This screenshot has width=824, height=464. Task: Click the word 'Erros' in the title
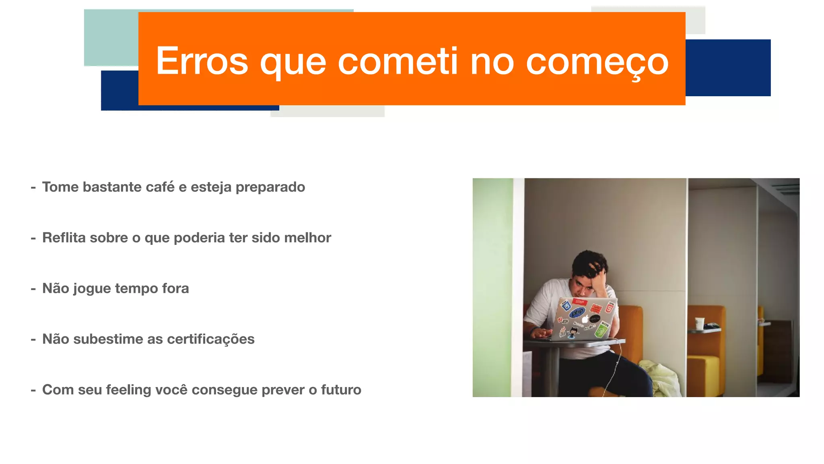tap(202, 61)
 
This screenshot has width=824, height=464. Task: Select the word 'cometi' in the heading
tap(398, 61)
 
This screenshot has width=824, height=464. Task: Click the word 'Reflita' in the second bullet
tap(64, 238)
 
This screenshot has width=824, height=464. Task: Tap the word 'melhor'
tap(307, 238)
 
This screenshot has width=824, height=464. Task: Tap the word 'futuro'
tap(341, 390)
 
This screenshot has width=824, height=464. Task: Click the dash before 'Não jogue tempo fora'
tap(33, 289)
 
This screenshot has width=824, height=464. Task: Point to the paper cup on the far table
tap(700, 323)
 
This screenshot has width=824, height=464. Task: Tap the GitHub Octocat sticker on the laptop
tap(573, 332)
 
